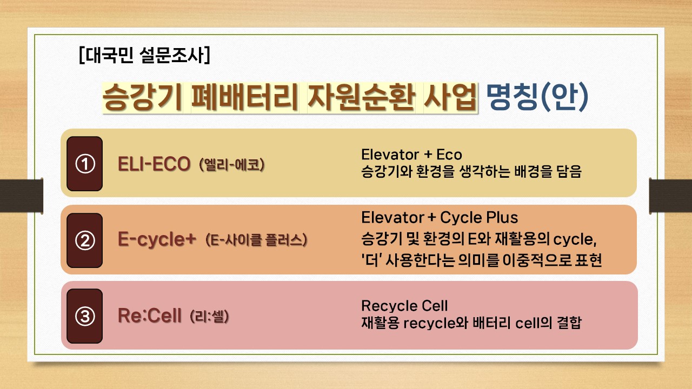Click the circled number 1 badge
(85, 164)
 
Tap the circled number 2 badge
(85, 240)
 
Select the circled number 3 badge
(85, 316)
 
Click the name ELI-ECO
(154, 164)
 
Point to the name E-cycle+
(157, 240)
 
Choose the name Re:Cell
(150, 316)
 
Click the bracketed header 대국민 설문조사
(144, 55)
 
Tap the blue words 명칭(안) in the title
(537, 97)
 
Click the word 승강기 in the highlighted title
(142, 97)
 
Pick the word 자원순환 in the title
(361, 97)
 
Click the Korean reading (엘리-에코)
(232, 164)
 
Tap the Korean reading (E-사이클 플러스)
(256, 240)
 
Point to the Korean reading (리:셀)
(209, 316)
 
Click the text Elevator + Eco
(411, 155)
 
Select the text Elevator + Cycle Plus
(440, 218)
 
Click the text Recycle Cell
(404, 306)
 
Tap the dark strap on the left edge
(21, 196)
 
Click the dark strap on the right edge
(670, 196)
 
